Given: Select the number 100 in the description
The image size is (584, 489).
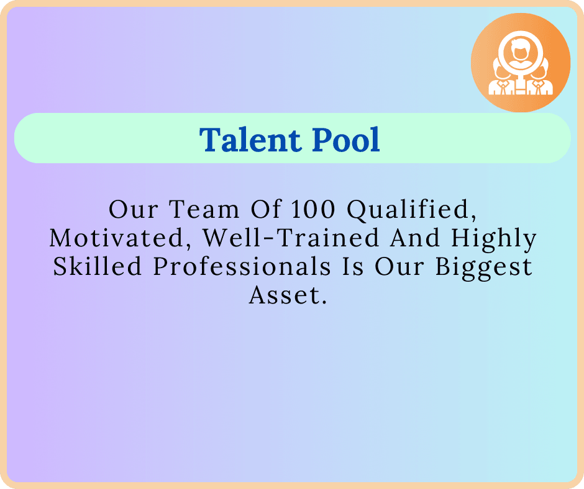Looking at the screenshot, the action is tap(313, 209).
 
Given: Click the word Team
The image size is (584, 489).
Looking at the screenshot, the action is tap(204, 209).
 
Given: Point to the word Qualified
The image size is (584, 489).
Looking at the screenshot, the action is tap(412, 210).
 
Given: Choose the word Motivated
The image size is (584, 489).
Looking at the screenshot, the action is tap(117, 239).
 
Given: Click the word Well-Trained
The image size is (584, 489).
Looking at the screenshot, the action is tap(291, 238).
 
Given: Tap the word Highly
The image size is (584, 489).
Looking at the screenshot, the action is tap(493, 240).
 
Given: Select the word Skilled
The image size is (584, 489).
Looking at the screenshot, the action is tap(97, 266).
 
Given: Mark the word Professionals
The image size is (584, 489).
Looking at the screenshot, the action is tap(242, 266).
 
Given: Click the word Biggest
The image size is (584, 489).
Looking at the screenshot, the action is tap(484, 268).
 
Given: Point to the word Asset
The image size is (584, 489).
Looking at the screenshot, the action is tap(284, 295).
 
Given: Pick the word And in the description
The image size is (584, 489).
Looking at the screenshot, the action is tap(415, 238).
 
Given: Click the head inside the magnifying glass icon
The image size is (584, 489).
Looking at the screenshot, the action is tap(518, 50).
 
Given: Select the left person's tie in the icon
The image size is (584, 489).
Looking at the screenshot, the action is tap(503, 88).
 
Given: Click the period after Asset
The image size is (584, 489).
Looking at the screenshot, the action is tap(323, 302).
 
